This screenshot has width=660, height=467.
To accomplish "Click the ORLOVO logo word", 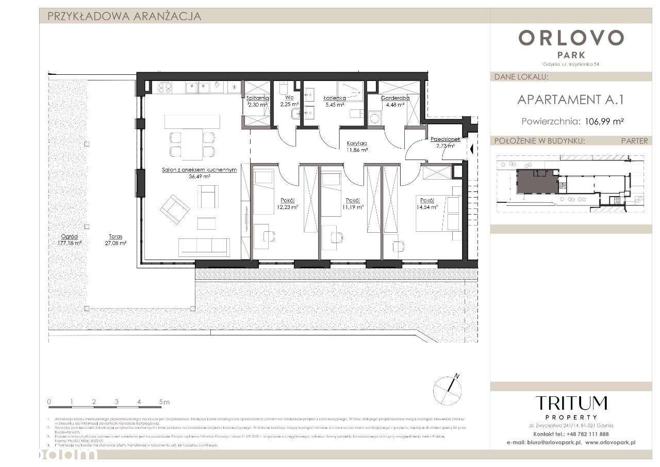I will [x=571, y=38].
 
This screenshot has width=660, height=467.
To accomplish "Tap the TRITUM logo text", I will [x=571, y=403].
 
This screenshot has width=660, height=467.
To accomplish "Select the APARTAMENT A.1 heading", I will [x=570, y=99].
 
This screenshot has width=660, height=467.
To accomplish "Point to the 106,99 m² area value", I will [x=605, y=122].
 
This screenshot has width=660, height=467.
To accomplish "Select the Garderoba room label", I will [x=395, y=98].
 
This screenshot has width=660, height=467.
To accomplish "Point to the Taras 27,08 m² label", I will [x=115, y=239].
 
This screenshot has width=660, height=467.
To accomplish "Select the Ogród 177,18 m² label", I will [x=71, y=239].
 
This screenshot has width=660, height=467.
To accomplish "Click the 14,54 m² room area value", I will [x=428, y=207].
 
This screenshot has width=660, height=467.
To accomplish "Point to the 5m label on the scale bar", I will [x=164, y=401].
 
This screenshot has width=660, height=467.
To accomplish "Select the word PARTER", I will [x=634, y=141].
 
